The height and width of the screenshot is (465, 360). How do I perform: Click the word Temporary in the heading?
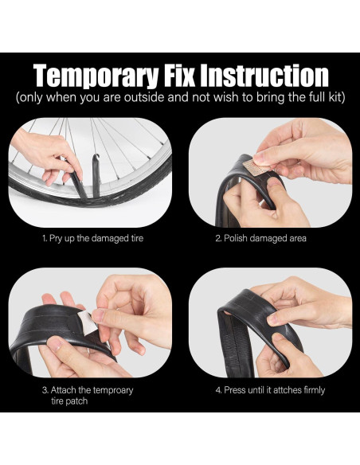point(96,76)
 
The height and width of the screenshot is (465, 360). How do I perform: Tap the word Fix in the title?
point(179,75)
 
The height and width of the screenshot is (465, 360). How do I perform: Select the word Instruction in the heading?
point(264,75)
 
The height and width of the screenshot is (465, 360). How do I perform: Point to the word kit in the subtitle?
point(335,97)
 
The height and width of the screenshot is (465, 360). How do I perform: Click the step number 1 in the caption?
point(45,238)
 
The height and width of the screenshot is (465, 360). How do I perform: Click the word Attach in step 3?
point(63,390)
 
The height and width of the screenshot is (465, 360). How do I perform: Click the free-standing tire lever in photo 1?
point(96,175)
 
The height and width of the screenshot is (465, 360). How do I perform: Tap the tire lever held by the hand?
point(76,180)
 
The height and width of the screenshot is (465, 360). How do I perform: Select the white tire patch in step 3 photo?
point(86,323)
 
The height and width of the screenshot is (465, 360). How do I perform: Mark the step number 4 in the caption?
point(218,390)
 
